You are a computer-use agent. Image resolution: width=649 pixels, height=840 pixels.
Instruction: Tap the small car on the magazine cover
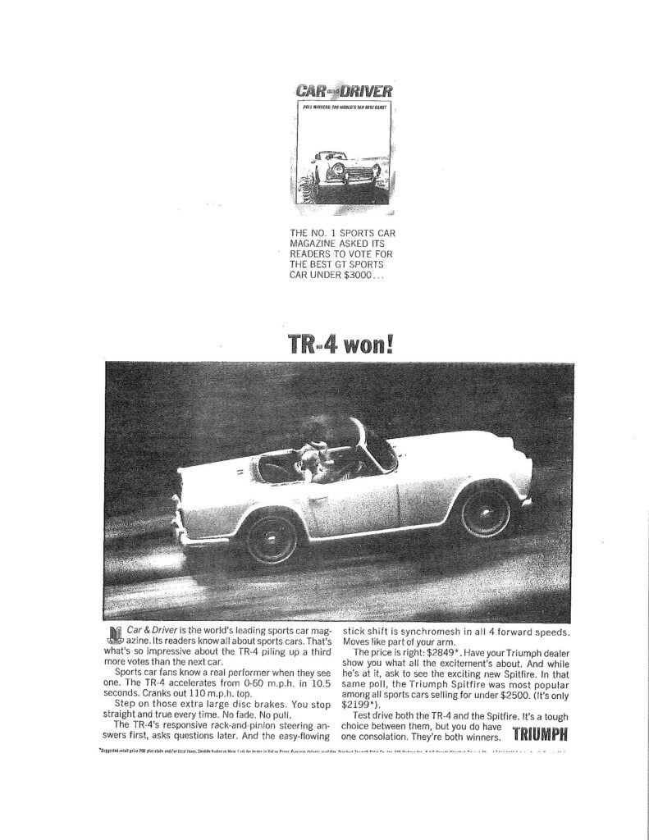pos(342,173)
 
